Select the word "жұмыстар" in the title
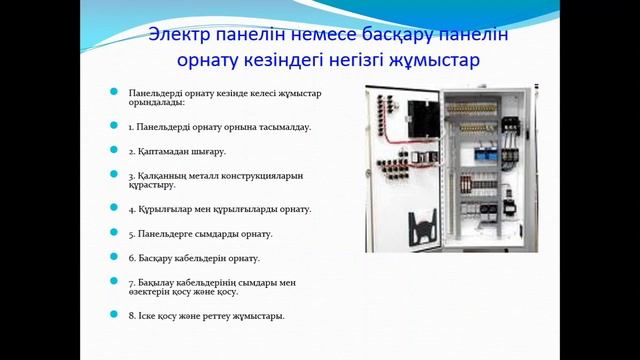pyautogui.click(x=436, y=61)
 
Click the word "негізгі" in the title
pyautogui.click(x=348, y=61)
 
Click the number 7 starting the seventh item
pyautogui.click(x=131, y=282)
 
